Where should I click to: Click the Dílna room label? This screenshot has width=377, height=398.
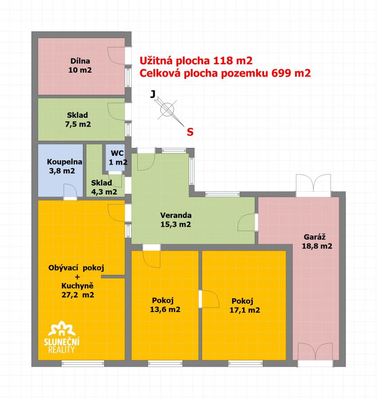(80, 61)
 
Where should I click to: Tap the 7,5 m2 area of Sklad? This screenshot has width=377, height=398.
(78, 124)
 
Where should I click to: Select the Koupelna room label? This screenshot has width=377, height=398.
(65, 162)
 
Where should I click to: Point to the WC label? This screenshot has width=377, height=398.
(117, 153)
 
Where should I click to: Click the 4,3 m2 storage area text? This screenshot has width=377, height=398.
(104, 192)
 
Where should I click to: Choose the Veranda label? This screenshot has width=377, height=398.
(176, 215)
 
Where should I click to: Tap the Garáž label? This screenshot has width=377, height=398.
(315, 237)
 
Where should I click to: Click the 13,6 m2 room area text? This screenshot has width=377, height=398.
(165, 309)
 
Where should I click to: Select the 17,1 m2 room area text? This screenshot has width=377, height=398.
(245, 310)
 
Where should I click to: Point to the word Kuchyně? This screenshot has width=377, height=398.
(78, 286)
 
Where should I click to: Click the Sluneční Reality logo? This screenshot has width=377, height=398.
(62, 337)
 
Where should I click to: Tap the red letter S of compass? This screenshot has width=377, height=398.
(190, 132)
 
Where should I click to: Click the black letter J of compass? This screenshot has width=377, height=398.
(153, 94)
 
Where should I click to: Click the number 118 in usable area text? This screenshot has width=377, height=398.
(223, 61)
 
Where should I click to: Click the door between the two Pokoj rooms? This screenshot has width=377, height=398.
(209, 299)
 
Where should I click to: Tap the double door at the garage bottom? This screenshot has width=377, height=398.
(315, 352)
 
